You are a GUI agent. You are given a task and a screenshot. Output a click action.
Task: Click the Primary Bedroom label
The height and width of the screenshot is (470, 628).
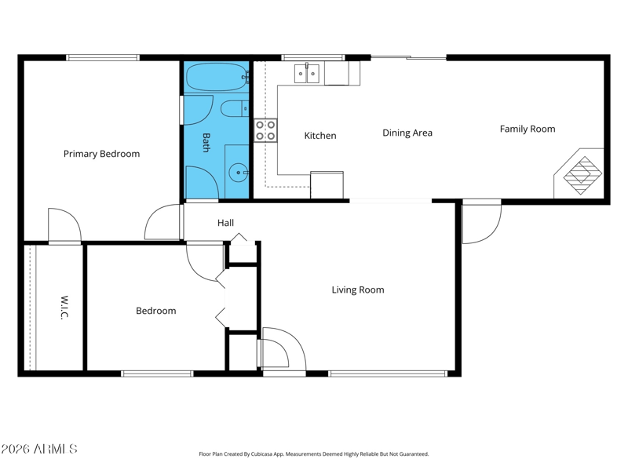coord(102,154)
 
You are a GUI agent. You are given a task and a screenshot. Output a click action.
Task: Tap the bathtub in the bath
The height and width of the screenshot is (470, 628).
coord(217,77)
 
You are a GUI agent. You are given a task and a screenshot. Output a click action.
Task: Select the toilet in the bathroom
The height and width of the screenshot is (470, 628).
coord(235,109)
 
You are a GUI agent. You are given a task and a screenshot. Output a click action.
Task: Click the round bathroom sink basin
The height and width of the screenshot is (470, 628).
coord(238,173)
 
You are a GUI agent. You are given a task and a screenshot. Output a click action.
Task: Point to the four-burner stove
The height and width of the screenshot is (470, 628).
coord(265,130)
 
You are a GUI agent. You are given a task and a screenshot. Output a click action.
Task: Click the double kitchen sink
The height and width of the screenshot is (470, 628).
coord(307,73)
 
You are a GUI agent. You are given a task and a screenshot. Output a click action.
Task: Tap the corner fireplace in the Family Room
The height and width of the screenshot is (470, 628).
coord(582,174)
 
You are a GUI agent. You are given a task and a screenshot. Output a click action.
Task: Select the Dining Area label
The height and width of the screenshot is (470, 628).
coord(407,133)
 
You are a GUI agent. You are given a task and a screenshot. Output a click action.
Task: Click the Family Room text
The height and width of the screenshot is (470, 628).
coord(528,129)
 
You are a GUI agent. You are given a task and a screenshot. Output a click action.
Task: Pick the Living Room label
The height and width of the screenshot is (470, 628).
coord(358,290)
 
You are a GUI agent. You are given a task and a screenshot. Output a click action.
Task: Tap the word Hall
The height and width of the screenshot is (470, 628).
coord(225,223)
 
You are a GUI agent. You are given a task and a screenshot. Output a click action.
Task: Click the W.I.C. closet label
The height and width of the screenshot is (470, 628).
coord(64,308)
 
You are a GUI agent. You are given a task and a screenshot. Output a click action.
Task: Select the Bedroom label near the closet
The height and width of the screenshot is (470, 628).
coord(155,311)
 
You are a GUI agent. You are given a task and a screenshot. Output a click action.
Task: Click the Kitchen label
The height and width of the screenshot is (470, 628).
coord(320,136)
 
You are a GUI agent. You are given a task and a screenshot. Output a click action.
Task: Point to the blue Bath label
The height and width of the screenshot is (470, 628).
coord(206,143)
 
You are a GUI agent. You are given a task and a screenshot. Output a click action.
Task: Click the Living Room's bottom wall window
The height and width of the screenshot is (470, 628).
coord(388,374)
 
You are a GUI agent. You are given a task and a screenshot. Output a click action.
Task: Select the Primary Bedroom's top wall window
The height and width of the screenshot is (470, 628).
coord(103,57)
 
